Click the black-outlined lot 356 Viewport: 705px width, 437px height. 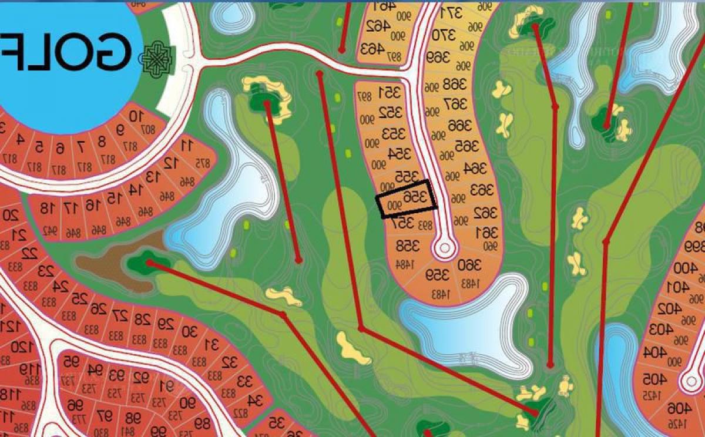click(407, 200)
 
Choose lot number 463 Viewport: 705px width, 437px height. click(372, 48)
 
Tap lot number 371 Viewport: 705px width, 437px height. click(452, 11)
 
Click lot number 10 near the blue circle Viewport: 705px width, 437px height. click(136, 116)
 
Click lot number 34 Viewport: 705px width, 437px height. click(255, 401)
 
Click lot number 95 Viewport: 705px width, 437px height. click(71, 360)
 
